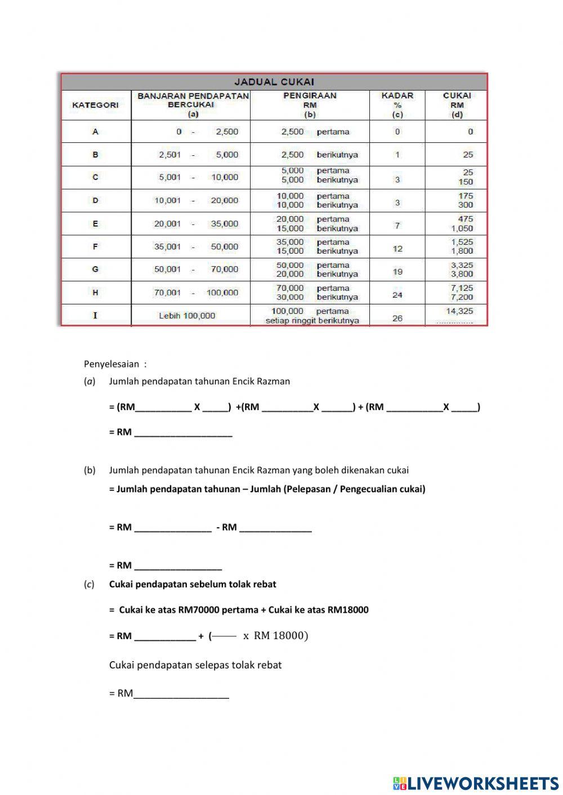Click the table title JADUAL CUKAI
click(x=274, y=82)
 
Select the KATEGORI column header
click(x=95, y=105)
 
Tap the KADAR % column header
click(x=397, y=105)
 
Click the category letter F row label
click(x=95, y=246)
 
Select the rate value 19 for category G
click(x=397, y=272)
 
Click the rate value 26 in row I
click(x=397, y=318)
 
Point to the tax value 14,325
click(x=459, y=311)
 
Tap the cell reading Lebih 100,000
click(x=187, y=316)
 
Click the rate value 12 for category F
click(x=397, y=249)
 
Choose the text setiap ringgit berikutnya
click(x=312, y=321)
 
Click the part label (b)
click(x=90, y=470)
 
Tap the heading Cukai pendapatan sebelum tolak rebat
click(x=193, y=584)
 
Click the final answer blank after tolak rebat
click(x=181, y=693)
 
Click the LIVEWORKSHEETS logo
click(x=476, y=783)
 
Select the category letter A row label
click(x=95, y=132)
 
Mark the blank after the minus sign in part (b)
click(x=275, y=527)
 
